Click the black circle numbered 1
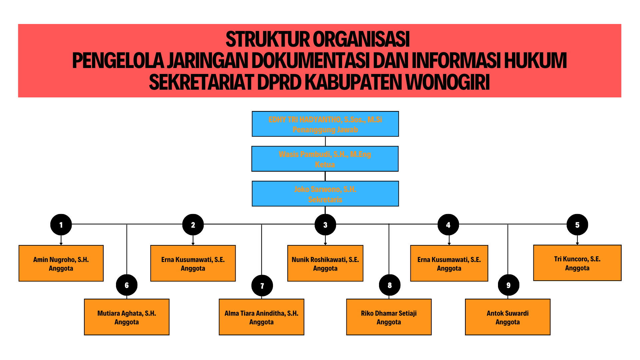(61, 225)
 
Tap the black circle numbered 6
(127, 285)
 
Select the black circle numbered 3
(325, 225)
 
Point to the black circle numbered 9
(508, 285)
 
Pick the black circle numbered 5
(577, 225)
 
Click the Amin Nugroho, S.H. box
(61, 263)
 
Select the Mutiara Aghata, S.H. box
(127, 317)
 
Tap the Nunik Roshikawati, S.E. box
(325, 263)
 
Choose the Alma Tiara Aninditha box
(261, 317)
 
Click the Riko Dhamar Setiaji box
(389, 317)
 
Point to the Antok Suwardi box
(508, 317)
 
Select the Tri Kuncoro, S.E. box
(577, 263)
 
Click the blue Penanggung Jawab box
(325, 124)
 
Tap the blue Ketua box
(325, 159)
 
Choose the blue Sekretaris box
(325, 194)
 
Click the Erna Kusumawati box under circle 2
(193, 263)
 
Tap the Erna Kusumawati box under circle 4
(449, 263)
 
